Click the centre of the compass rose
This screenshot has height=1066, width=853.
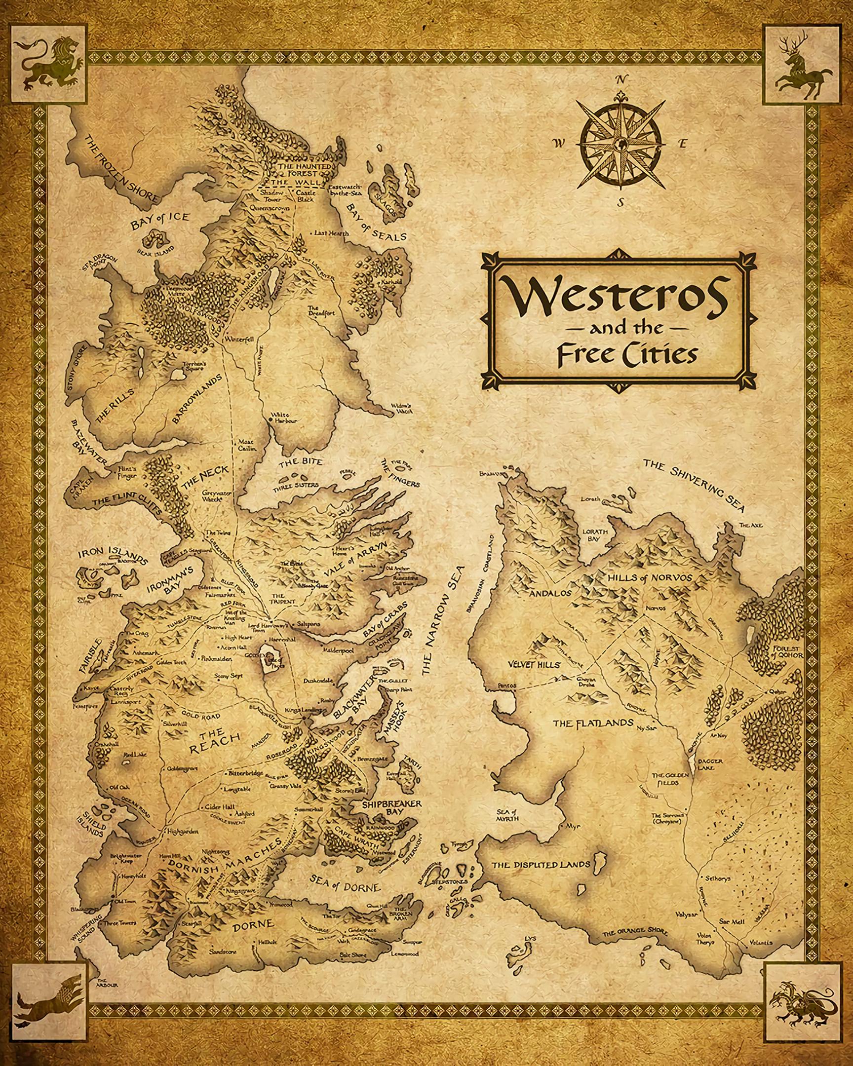[x=621, y=144]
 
